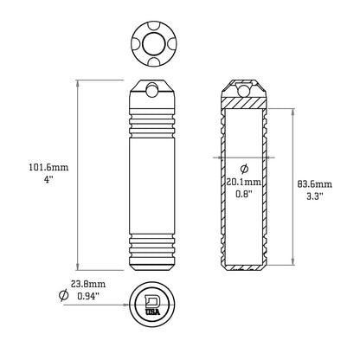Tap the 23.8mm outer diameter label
pos(90,283)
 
